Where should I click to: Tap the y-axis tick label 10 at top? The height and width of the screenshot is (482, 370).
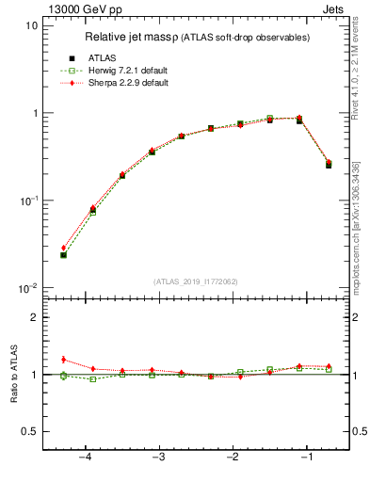31,26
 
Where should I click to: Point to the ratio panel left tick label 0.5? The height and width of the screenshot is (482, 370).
29,432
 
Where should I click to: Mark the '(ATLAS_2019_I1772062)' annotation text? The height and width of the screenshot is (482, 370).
196,281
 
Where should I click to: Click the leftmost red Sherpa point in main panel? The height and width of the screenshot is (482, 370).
63,248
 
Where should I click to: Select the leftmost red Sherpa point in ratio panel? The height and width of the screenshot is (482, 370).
63,359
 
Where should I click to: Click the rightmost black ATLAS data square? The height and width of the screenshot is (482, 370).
329,165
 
